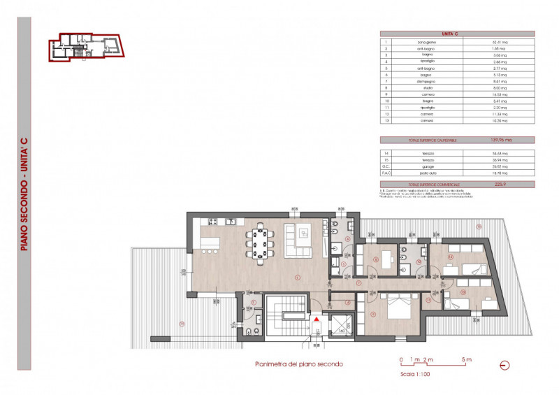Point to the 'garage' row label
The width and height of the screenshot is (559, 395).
428,167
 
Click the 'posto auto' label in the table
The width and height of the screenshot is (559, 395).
428,173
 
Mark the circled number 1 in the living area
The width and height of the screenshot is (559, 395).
297,278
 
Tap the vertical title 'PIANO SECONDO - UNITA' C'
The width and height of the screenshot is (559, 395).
24,193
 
